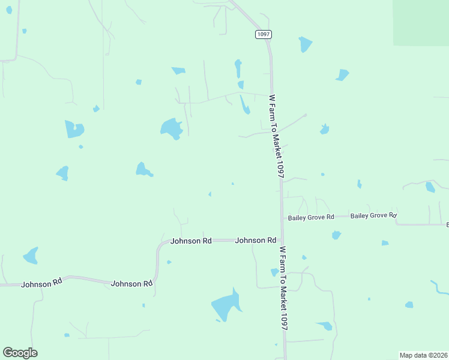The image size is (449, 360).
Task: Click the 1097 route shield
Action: (x=263, y=34)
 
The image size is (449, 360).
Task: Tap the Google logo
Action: (x=20, y=353)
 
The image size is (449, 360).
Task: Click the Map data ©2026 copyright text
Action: (x=424, y=355)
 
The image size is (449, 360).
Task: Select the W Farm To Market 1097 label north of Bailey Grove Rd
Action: (x=276, y=136)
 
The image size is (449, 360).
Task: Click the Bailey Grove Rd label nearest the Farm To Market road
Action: (x=311, y=217)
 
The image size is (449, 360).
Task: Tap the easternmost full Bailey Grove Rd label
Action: (x=373, y=215)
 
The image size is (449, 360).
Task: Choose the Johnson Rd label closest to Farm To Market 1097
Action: (x=256, y=240)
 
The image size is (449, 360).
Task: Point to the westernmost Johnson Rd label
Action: (x=41, y=284)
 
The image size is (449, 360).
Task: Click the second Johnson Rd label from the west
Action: (x=132, y=284)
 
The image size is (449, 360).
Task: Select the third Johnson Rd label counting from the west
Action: (x=191, y=241)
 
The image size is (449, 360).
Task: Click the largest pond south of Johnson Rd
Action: (x=226, y=305)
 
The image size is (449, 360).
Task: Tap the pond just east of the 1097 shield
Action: (x=306, y=44)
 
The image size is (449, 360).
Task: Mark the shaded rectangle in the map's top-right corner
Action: (x=421, y=22)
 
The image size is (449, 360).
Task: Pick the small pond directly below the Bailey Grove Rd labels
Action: (x=336, y=235)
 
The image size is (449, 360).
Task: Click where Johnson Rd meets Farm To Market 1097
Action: (x=281, y=240)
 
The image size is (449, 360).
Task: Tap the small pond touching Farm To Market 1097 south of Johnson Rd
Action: (x=274, y=272)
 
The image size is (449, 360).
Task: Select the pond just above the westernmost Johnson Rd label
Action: (x=31, y=256)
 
